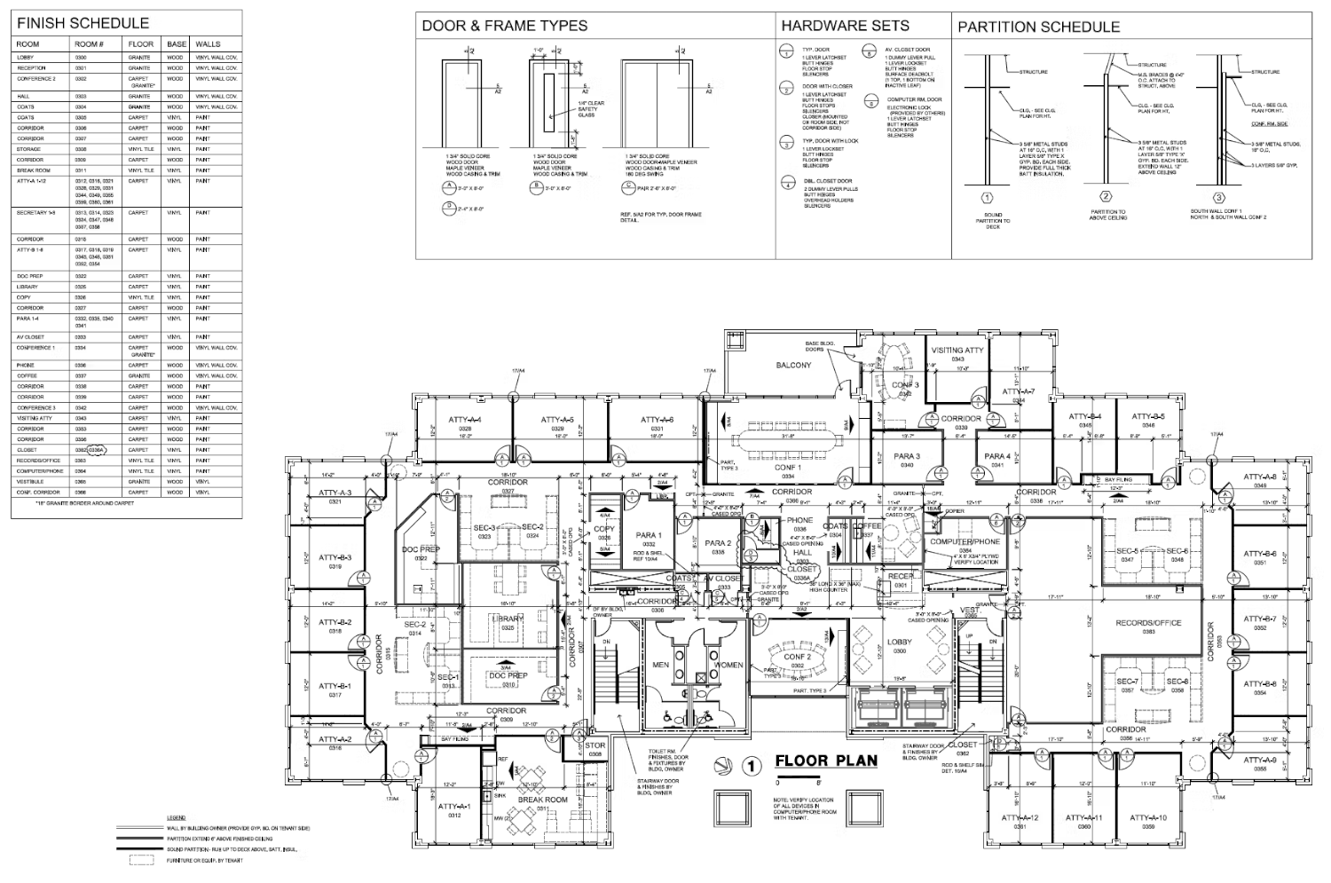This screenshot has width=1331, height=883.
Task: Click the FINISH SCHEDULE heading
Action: (x=83, y=23)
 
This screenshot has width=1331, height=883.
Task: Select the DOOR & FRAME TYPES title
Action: (x=504, y=26)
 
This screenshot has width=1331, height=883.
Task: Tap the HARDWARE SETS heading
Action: (x=845, y=26)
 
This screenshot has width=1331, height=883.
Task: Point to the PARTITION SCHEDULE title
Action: (x=1038, y=27)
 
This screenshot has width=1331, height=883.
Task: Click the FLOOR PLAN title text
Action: (x=826, y=761)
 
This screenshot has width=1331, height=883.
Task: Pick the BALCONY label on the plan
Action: (x=793, y=365)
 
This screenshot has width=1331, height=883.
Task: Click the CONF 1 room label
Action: (x=787, y=468)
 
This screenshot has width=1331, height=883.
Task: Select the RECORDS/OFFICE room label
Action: (x=1148, y=623)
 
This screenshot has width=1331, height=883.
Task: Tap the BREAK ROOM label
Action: (x=542, y=800)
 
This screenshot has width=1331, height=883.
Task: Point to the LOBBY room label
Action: (x=899, y=642)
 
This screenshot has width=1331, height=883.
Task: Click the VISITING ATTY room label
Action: (x=957, y=351)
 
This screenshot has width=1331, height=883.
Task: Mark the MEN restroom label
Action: (x=660, y=665)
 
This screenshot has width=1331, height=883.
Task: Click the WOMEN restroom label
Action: (x=729, y=665)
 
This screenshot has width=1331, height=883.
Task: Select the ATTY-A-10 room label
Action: (x=1148, y=817)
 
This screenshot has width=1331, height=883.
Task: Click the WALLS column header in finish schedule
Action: (x=208, y=43)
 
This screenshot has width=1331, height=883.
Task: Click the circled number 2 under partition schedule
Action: (x=1105, y=197)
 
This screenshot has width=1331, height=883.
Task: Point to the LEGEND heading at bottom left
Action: (x=175, y=817)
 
